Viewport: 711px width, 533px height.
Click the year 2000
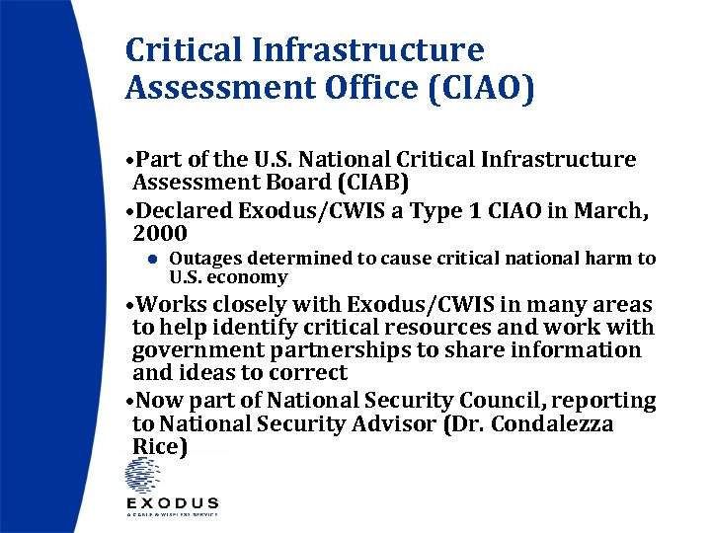[160, 233]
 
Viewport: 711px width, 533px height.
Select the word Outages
[204, 259]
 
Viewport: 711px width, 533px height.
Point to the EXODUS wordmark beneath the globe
[172, 503]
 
